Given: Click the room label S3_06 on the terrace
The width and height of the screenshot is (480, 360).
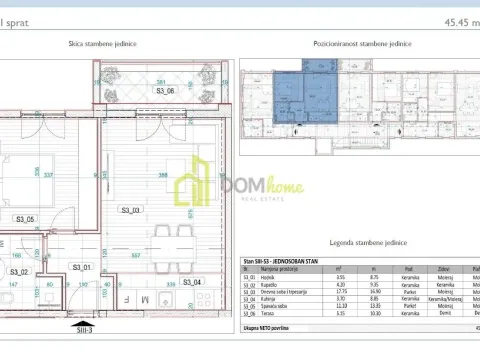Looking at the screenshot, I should pyautogui.click(x=165, y=91).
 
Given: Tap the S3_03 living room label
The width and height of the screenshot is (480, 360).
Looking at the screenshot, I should pyautogui.click(x=131, y=210).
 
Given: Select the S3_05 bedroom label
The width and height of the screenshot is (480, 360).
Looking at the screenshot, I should pyautogui.click(x=25, y=219).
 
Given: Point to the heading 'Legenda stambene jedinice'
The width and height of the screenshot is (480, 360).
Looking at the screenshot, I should pyautogui.click(x=359, y=243).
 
